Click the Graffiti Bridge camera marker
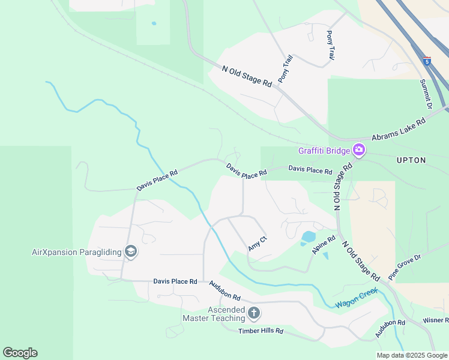(358, 150)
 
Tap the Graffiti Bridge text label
(325, 151)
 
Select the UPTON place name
(411, 160)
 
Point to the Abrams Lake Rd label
(398, 129)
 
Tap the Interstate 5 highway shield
(427, 61)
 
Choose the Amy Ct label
(258, 244)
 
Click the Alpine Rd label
(323, 245)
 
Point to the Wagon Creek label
(357, 298)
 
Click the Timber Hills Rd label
(261, 331)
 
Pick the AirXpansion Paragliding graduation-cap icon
(131, 252)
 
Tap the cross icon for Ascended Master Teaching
(254, 313)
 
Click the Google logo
(20, 353)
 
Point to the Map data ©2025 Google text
(412, 355)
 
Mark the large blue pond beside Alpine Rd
(309, 237)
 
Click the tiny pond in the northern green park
(154, 23)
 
